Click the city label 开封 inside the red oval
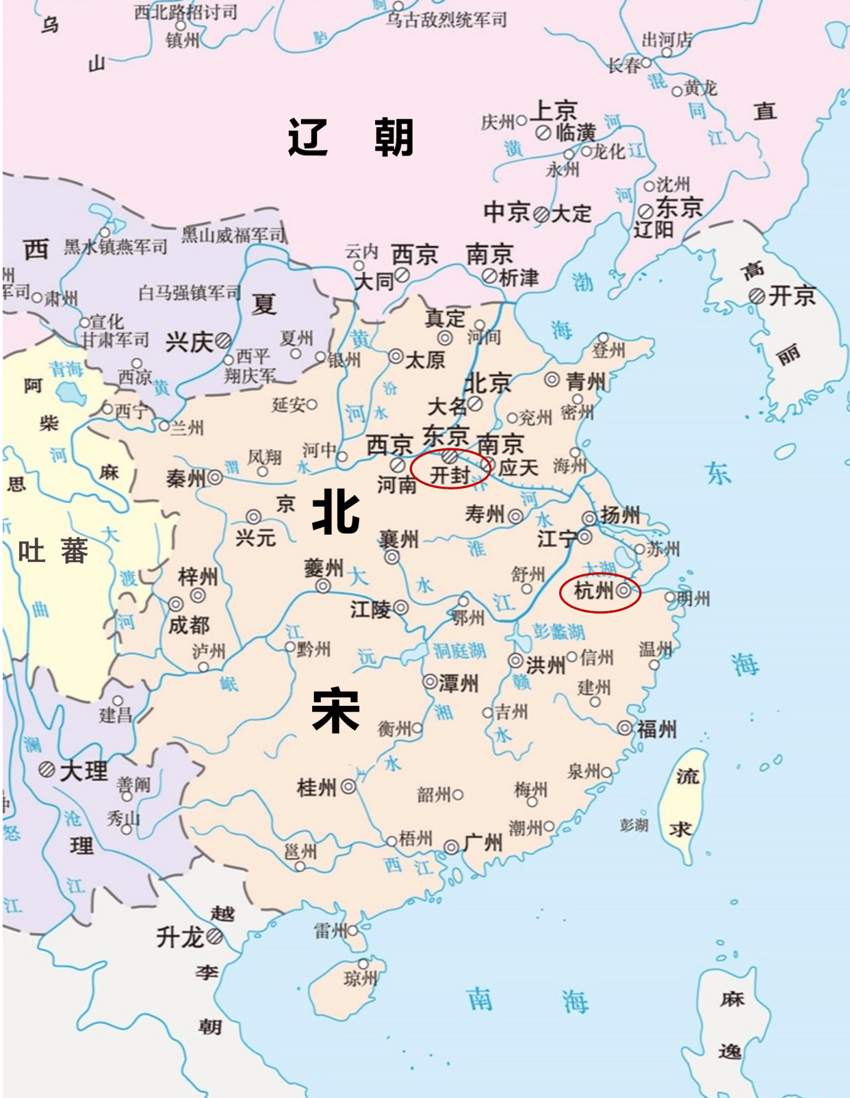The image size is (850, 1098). pos(449,474)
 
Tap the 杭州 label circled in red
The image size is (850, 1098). pos(593,590)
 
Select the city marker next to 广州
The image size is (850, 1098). pos(451,847)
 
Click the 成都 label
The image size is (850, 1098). pos(189,624)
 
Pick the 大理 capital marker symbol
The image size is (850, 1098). pos(47,769)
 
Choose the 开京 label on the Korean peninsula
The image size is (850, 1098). pos(792,296)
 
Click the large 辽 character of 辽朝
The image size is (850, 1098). pos(308,138)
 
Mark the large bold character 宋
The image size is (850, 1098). pos(335,711)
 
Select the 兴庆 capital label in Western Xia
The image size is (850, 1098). pos(188,341)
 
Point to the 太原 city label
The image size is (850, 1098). pos(425,359)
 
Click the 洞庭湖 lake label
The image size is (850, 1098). pos(459,650)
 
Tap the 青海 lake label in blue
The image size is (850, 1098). pos(66,370)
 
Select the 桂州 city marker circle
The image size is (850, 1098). pos(348,787)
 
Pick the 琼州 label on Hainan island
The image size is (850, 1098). pos(360,979)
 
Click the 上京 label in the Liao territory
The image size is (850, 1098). pos(554,110)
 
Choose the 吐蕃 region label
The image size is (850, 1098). pos(53,551)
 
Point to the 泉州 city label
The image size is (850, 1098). pos(583,771)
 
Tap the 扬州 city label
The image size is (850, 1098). pos(620,515)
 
